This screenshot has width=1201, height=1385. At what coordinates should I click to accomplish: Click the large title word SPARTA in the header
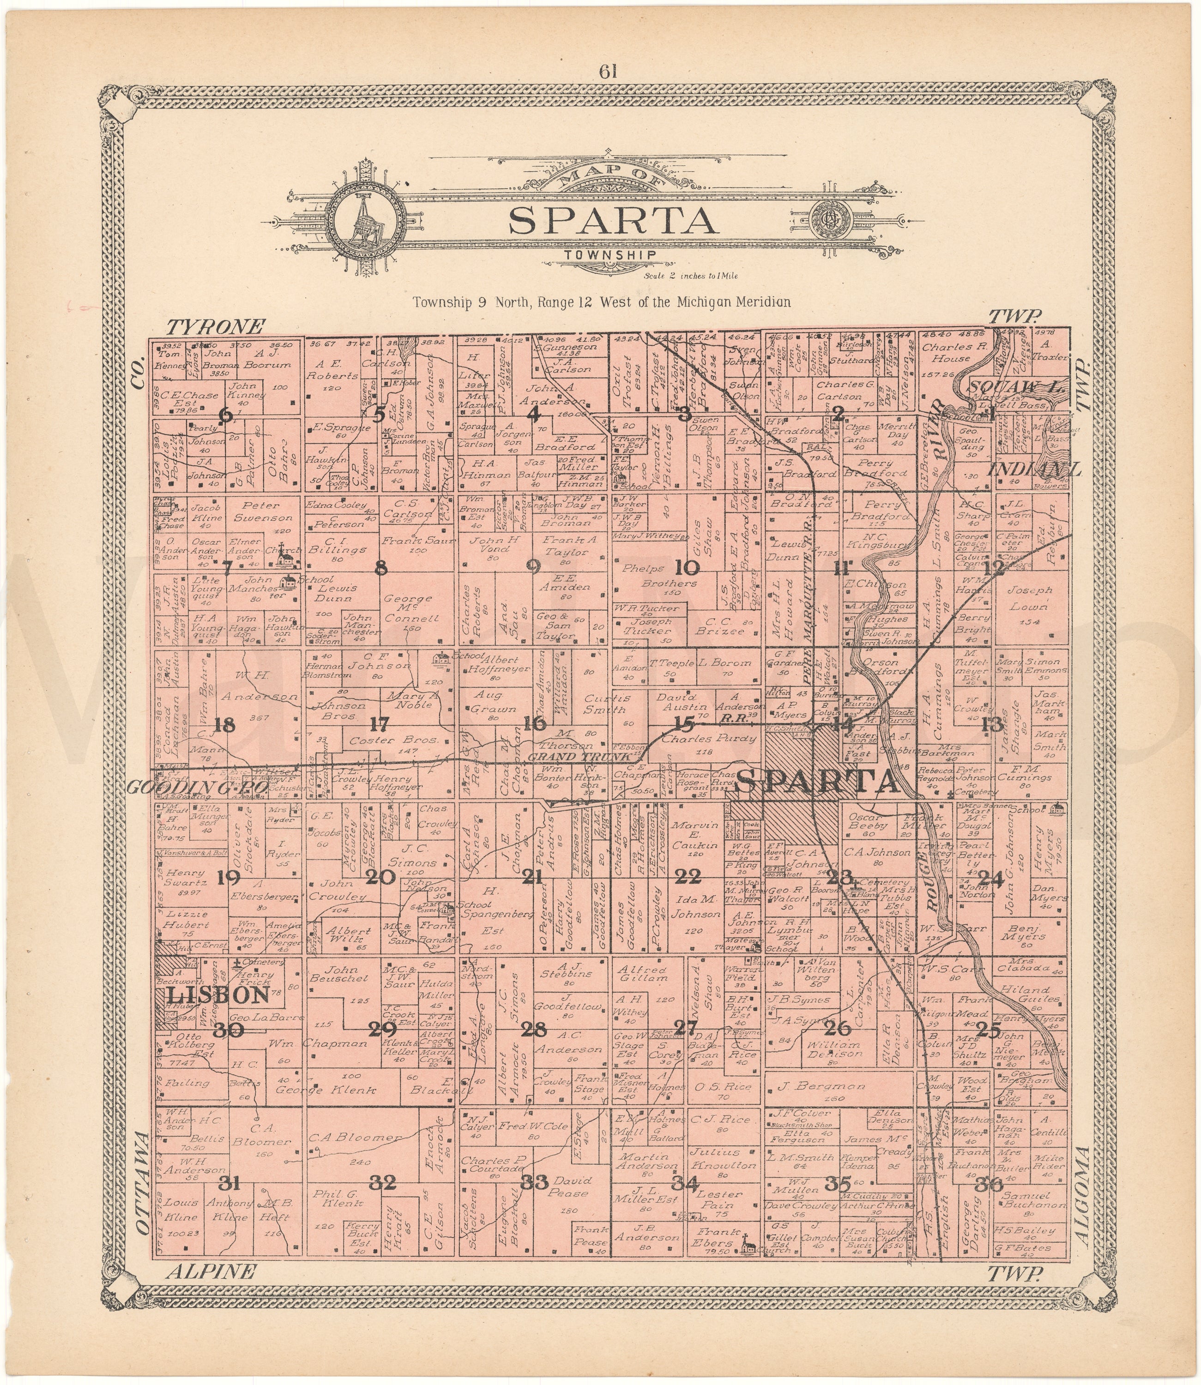click(609, 221)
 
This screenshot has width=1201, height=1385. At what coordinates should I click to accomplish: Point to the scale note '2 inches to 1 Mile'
click(691, 276)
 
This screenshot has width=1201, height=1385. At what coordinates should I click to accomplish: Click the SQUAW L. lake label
click(1005, 386)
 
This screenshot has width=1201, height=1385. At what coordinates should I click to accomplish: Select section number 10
click(686, 568)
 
